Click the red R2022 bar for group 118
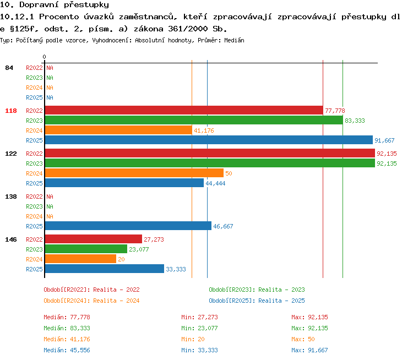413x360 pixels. [x=184, y=110]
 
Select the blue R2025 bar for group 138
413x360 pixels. [x=128, y=226]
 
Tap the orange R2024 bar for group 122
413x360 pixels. [x=134, y=173]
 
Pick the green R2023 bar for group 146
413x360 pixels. [x=86, y=249]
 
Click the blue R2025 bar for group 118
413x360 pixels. [x=209, y=140]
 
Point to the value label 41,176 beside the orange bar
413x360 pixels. [x=204, y=130]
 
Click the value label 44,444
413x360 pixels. [x=215, y=183]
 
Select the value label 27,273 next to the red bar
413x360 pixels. [x=154, y=239]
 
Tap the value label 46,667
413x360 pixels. [x=223, y=226]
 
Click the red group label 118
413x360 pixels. [x=11, y=111]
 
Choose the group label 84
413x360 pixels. [x=9, y=68]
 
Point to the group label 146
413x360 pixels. [x=11, y=239]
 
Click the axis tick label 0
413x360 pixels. [x=44, y=57]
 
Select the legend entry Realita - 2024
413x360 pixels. [x=116, y=301]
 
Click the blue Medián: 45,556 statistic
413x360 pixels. [x=67, y=350]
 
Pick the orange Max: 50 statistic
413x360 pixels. [x=303, y=339]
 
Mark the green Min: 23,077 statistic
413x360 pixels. [x=199, y=328]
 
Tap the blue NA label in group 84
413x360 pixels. [x=50, y=97]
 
